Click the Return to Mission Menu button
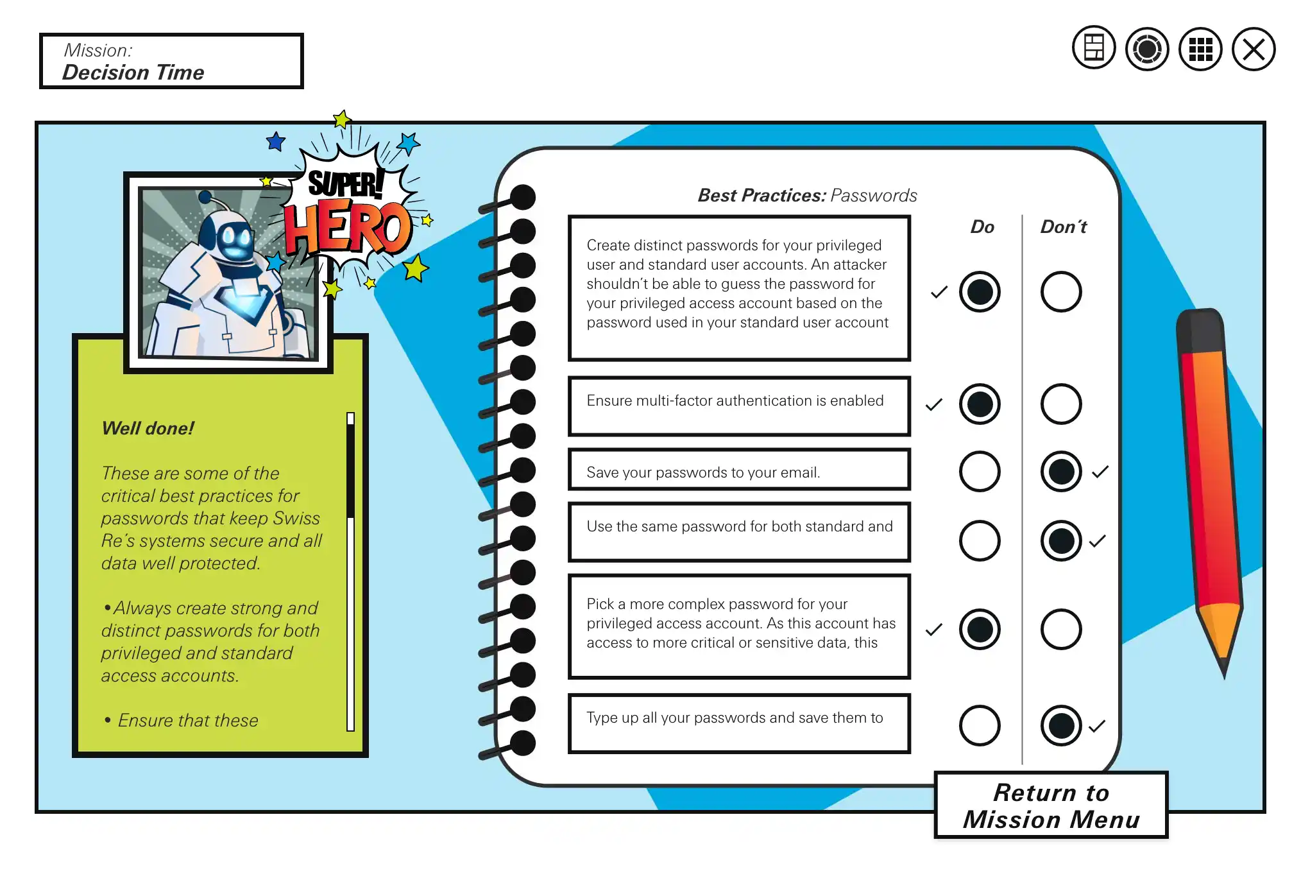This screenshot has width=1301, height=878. [x=1051, y=805]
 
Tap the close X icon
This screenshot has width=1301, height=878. [x=1253, y=49]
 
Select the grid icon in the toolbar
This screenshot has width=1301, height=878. [x=1200, y=49]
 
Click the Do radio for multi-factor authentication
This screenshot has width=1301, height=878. [x=980, y=404]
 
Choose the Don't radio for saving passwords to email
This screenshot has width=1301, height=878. [x=1061, y=472]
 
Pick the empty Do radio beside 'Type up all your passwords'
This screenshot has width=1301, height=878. [x=980, y=726]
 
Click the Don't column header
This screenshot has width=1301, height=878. [x=1063, y=227]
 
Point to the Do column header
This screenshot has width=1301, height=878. [x=982, y=227]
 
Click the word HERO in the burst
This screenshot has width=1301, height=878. [x=348, y=227]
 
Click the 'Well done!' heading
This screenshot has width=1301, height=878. [x=148, y=429]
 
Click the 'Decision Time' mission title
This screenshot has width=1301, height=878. [x=133, y=73]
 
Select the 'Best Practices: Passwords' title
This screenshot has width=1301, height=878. [x=807, y=196]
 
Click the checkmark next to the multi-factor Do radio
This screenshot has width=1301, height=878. [x=934, y=405]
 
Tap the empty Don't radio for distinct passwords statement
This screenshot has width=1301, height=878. [x=1061, y=292]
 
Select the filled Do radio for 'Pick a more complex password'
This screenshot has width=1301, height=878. [x=980, y=629]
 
